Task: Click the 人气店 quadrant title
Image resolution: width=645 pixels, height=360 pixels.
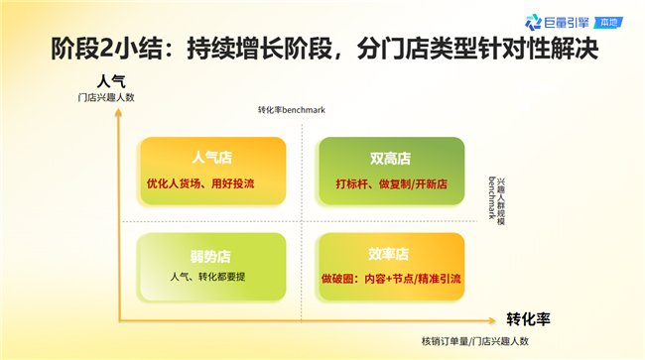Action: (211, 158)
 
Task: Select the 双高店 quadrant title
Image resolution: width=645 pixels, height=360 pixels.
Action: (390, 159)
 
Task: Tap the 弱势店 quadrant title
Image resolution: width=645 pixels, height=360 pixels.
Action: (210, 256)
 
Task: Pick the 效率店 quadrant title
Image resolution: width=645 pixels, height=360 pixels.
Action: (388, 255)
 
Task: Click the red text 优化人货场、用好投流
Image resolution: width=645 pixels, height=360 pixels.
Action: (200, 183)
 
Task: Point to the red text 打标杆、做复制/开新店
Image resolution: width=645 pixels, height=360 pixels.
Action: (392, 183)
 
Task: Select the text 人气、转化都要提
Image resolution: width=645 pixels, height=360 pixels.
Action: (207, 277)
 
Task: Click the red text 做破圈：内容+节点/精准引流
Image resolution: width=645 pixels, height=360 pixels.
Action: (391, 279)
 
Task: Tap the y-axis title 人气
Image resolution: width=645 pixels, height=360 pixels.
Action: (111, 81)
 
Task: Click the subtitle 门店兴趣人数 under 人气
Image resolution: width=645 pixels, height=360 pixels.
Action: (106, 97)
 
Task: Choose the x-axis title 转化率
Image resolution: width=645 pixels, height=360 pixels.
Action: (528, 319)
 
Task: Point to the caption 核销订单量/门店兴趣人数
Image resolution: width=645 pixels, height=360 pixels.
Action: (475, 341)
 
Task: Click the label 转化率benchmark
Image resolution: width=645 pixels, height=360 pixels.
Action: (292, 110)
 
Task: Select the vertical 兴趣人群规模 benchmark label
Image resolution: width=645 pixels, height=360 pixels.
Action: (496, 201)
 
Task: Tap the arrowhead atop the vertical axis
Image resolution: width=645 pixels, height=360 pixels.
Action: (118, 112)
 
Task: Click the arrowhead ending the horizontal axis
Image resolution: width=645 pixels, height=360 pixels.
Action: (492, 320)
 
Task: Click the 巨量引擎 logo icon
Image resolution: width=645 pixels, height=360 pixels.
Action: (533, 22)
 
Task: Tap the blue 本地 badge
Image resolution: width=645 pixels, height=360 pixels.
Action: (609, 22)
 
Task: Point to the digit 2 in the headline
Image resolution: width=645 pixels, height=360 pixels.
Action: (106, 49)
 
